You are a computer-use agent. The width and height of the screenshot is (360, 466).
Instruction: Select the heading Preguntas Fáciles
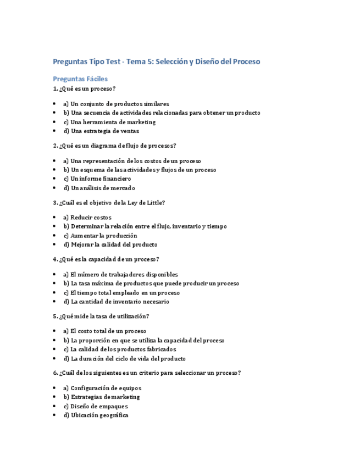[80, 79]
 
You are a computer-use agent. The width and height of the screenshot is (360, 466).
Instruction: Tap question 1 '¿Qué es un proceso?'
[84, 88]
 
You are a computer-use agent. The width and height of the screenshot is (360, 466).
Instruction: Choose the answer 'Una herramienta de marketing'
[109, 122]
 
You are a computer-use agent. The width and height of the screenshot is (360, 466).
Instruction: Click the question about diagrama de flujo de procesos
[114, 146]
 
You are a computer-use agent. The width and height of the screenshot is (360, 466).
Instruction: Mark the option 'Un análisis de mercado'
[99, 188]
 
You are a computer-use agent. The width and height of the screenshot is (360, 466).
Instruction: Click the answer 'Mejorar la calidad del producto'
[110, 245]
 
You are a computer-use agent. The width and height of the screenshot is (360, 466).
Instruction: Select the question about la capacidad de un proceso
[106, 259]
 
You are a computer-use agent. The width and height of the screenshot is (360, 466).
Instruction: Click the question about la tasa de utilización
[101, 316]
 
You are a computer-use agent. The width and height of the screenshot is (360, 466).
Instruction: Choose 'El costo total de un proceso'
[104, 331]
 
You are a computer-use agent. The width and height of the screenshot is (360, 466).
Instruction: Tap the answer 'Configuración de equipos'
[102, 388]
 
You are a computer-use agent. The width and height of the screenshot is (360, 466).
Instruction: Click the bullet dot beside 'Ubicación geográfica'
[54, 415]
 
